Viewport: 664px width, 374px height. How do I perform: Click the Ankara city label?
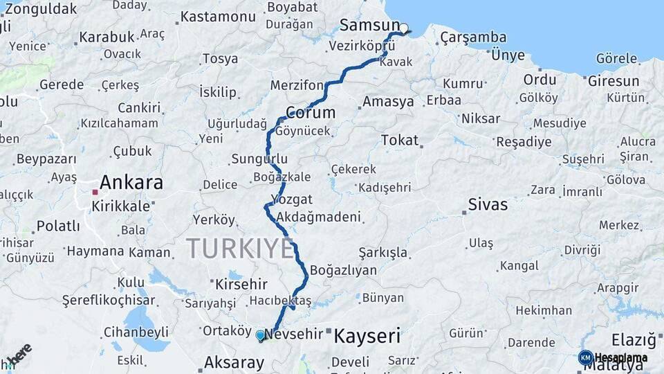131,183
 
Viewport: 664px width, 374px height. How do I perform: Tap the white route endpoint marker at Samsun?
404,29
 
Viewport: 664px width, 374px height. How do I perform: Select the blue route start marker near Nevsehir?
260,335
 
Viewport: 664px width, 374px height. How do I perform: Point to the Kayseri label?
367,337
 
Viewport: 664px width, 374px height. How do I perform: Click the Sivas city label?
488,204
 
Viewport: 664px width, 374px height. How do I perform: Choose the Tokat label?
400,141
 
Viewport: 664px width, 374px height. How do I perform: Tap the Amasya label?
388,102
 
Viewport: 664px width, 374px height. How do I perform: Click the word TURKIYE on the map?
240,249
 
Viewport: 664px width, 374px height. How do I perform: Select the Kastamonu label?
218,17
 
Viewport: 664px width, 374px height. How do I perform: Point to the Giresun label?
614,81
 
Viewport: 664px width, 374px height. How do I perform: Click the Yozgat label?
293,199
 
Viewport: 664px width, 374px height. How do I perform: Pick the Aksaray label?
234,362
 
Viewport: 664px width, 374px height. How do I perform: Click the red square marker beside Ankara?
95,192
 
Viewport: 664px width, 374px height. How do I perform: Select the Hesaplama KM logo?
612,358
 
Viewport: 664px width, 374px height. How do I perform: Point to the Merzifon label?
297,85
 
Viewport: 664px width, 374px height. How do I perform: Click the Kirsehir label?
241,284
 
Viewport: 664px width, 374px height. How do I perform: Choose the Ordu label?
539,80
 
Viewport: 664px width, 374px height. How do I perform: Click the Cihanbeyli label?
136,332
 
